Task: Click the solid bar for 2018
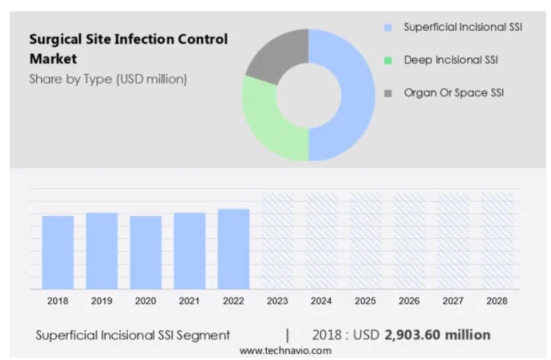pos(58,252)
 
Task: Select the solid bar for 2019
pos(102,251)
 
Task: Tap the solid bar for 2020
pos(146,252)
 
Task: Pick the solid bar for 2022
pos(234,248)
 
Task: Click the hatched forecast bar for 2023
pos(278,241)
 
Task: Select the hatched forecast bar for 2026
pos(409,241)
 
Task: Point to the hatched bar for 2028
pos(497,241)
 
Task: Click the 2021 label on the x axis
pos(190,301)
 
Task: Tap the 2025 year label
pos(365,301)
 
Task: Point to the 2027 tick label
pos(453,301)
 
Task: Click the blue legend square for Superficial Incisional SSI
pos(388,28)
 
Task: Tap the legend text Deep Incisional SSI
pos(451,61)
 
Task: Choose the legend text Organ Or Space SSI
pos(453,93)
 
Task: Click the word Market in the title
pos(53,59)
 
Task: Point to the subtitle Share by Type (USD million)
pos(108,79)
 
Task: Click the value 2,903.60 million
pos(437,335)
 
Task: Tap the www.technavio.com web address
pos(285,350)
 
